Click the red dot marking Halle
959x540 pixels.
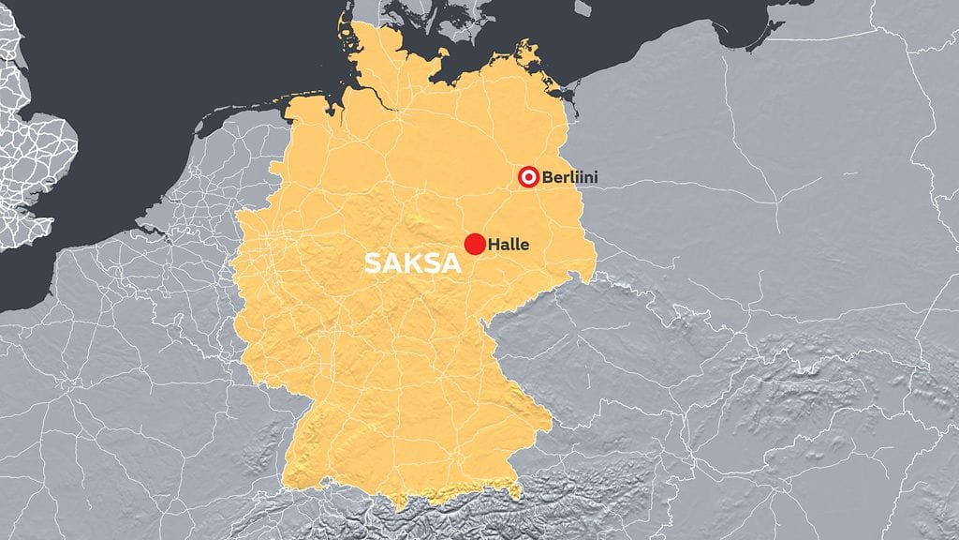point(475,245)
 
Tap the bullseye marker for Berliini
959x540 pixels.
point(528,176)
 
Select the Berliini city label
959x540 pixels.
point(569,176)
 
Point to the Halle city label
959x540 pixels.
point(509,245)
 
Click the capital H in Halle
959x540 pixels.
point(493,245)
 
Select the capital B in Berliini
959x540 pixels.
point(547,176)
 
